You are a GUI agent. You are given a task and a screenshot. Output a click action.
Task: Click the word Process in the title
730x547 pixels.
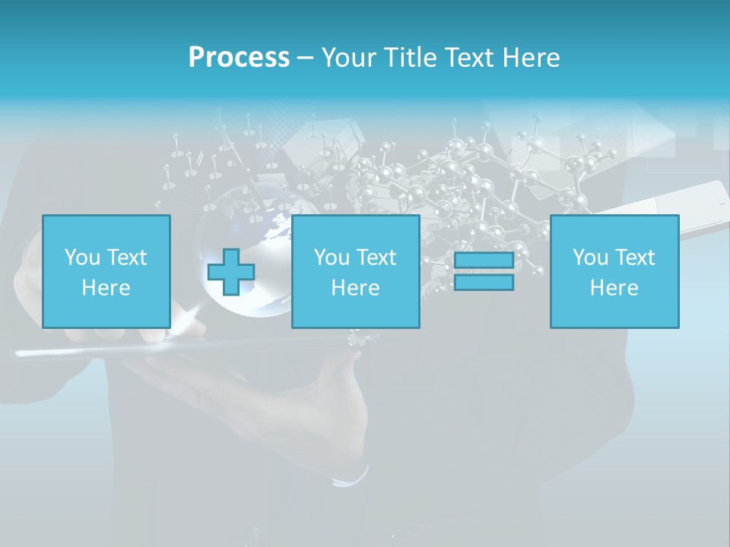239,57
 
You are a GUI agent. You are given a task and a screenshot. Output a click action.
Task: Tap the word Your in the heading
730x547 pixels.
348,58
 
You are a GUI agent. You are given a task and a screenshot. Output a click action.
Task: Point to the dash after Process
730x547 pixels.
305,58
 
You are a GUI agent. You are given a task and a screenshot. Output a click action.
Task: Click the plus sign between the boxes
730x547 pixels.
231,272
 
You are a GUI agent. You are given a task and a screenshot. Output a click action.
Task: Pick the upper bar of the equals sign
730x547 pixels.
484,261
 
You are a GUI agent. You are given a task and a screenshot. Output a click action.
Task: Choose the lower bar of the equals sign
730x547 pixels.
484,282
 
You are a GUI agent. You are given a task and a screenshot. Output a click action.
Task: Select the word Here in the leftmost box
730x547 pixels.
106,288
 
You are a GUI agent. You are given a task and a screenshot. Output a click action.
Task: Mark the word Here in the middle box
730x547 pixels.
355,288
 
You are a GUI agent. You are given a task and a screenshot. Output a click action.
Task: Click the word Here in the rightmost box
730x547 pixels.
614,288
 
